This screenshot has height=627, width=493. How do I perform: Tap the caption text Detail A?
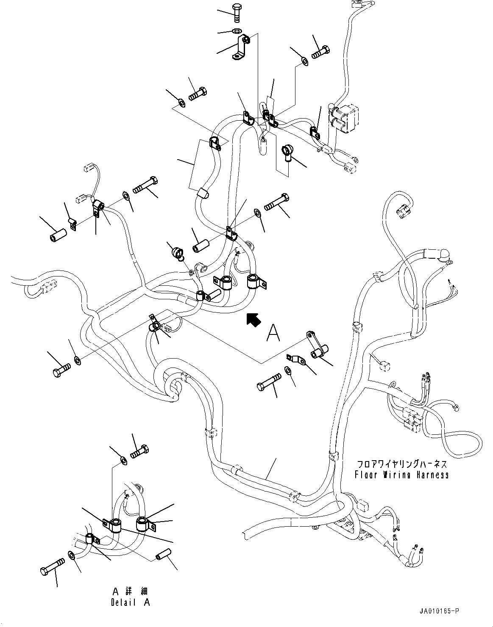coord(131,602)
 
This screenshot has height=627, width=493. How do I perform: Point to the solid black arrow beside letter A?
coord(253,320)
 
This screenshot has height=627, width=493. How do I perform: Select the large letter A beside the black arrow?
coord(273,333)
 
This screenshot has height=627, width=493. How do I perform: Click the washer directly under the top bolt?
coord(237,30)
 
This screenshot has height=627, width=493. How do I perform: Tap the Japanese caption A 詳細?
coord(130,592)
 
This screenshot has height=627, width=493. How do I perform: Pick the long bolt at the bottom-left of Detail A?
coord(52,565)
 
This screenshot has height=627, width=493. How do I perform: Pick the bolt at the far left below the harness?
coord(62,370)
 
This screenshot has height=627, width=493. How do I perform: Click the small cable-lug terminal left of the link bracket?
coord(295,359)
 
